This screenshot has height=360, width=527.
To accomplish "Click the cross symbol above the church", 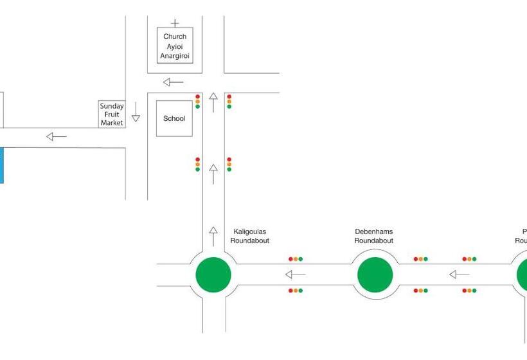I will click(175, 23).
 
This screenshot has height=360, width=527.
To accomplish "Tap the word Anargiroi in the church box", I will click(175, 55).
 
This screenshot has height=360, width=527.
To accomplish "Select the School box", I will click(174, 118).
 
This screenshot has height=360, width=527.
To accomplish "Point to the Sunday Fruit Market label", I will click(111, 114).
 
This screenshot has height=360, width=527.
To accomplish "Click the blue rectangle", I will click(1, 165).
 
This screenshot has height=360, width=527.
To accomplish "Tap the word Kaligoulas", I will click(250, 231).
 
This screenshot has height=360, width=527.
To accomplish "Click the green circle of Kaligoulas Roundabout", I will click(213, 274).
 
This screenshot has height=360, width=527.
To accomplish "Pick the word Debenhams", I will click(373, 231).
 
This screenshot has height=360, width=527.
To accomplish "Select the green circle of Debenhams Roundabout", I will click(375, 274).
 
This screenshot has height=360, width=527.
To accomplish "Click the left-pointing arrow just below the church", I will click(173, 82).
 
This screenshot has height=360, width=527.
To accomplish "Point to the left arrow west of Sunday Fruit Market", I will click(57, 136).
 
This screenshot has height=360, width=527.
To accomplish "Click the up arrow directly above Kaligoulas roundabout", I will click(213, 236).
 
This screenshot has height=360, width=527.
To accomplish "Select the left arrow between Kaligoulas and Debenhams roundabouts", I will click(296, 274).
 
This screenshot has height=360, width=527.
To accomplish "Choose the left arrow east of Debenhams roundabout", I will click(459, 274).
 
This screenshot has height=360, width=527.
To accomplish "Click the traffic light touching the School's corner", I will click(197, 102).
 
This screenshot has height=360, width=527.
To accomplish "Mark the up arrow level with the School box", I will click(213, 103).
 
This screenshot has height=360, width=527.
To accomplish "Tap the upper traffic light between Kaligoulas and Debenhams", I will click(296, 259).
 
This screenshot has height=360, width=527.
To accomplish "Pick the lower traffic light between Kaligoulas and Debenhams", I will click(296, 291).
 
